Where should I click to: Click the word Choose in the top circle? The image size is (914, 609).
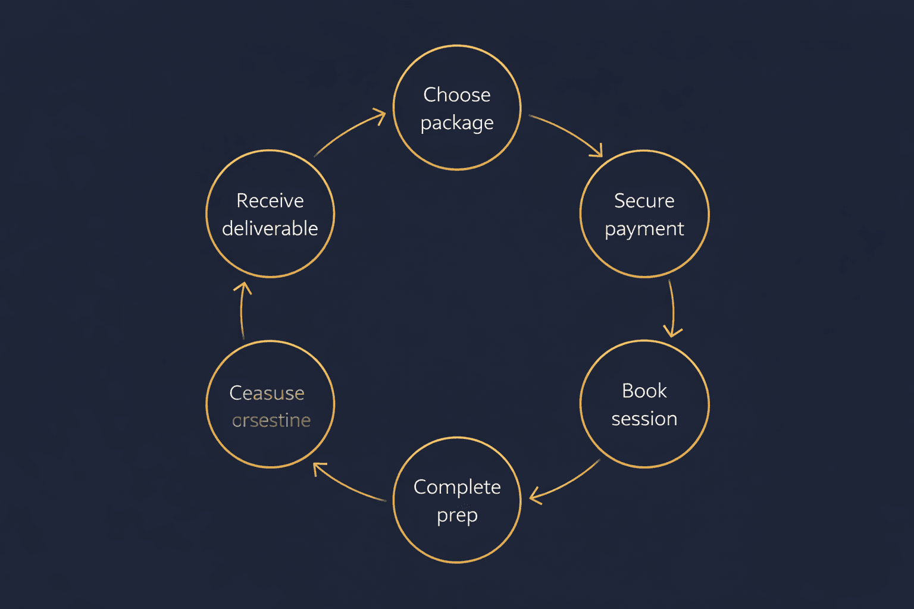tap(457, 95)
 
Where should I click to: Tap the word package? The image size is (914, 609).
tap(457, 123)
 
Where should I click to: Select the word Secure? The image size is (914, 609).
tap(644, 201)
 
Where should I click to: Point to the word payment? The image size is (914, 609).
tap(644, 229)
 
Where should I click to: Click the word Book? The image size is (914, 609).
tap(644, 391)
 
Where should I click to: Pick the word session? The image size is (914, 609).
tap(644, 419)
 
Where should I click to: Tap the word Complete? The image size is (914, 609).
tap(457, 487)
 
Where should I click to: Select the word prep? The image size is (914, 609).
tap(457, 515)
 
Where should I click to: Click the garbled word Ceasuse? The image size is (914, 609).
tap(267, 393)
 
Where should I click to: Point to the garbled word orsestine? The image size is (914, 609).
tap(271, 420)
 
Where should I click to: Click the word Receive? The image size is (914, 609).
tap(270, 201)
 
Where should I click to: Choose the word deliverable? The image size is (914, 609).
tap(270, 228)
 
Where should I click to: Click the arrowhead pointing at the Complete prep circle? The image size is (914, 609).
tap(534, 496)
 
